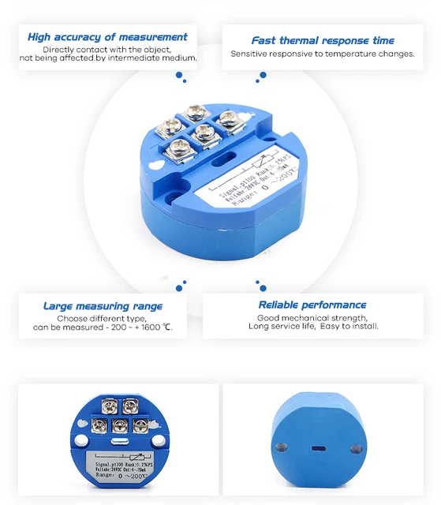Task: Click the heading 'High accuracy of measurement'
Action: pyautogui.click(x=107, y=36)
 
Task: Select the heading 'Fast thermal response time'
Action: pyautogui.click(x=323, y=40)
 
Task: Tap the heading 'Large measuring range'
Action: pyautogui.click(x=103, y=306)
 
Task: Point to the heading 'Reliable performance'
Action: pyautogui.click(x=312, y=305)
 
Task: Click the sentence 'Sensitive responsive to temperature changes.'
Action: pyautogui.click(x=323, y=54)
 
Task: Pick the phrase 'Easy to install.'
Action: pyautogui.click(x=349, y=326)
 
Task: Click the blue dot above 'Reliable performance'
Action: pyautogui.click(x=258, y=285)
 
